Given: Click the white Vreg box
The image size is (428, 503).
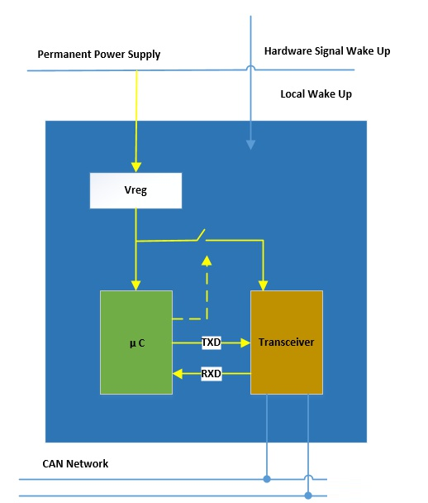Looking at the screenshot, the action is coord(136,190).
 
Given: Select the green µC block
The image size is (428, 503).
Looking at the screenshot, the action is coord(136,343).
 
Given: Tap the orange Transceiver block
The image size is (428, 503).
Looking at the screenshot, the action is coord(287,343).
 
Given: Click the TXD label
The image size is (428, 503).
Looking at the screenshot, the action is coord(212,343).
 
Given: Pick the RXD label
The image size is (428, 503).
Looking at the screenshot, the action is coord(212,374).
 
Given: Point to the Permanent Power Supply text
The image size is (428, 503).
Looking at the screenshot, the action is coord(99,55).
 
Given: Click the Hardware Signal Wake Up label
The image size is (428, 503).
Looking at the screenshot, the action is coord(327,51).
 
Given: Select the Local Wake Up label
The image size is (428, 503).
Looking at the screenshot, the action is coord(316,94).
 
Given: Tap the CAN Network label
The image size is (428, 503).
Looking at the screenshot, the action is coord(75,463).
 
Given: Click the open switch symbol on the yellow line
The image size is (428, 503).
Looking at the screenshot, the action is coord(201,236).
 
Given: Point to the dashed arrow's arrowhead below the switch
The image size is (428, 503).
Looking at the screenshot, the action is coord(207,261).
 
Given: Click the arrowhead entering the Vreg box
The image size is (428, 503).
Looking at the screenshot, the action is coord(136,167).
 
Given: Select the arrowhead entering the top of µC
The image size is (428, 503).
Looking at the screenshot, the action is coord(136,285).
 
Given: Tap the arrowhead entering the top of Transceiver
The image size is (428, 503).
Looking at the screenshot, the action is coord(263,285).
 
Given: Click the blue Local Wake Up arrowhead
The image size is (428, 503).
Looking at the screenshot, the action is coord(250,145).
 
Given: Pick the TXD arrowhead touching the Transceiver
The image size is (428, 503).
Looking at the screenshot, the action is coord(245,343).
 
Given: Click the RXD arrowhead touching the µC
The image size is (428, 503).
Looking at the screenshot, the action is coord(178,374).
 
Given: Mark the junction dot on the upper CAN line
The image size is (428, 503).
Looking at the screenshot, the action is coord(267,479).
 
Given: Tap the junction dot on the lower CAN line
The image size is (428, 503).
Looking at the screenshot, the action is coord(308,496).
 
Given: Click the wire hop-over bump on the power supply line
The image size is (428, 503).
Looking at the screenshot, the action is coord(250,66).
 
